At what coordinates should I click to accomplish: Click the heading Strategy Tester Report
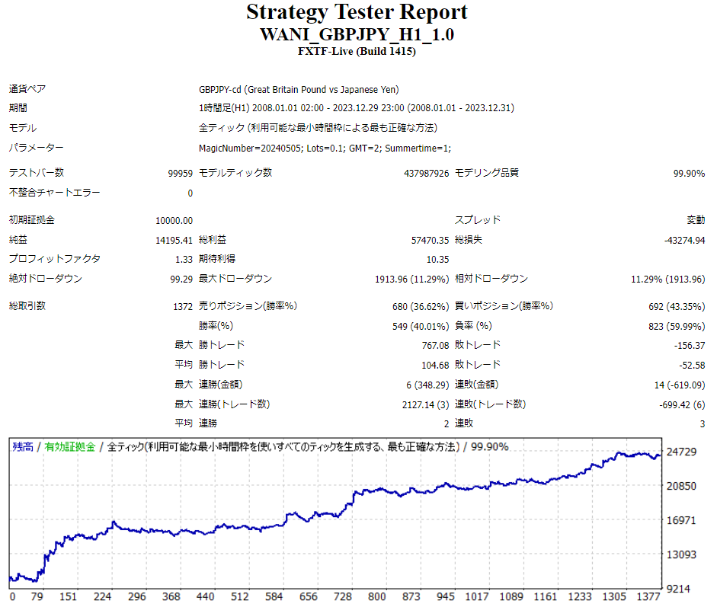pos(357,13)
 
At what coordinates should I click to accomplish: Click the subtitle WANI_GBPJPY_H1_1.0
pos(357,35)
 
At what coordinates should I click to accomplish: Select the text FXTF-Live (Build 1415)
pos(357,51)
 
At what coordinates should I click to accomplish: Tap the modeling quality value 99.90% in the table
pos(689,174)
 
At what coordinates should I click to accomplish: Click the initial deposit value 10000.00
pos(174,220)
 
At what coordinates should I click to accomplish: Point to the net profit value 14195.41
pos(174,240)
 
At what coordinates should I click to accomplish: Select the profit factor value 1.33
pos(184,259)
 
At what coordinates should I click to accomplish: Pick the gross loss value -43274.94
pos(684,240)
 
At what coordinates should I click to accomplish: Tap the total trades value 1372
pos(183,306)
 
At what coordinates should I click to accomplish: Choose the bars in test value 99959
pos(181,174)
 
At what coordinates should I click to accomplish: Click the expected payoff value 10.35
pos(437,259)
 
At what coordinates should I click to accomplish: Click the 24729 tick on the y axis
pos(681,452)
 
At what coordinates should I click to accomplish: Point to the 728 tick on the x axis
pos(342,597)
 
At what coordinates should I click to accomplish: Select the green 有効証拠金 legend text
pos(69,447)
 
